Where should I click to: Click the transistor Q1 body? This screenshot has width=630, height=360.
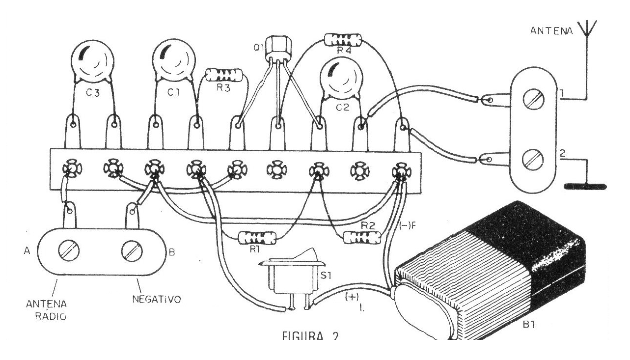click(278, 48)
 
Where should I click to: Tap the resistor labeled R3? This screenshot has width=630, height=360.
click(224, 75)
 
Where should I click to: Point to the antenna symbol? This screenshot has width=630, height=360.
click(587, 28)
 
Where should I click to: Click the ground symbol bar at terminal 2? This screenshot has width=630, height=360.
click(585, 187)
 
